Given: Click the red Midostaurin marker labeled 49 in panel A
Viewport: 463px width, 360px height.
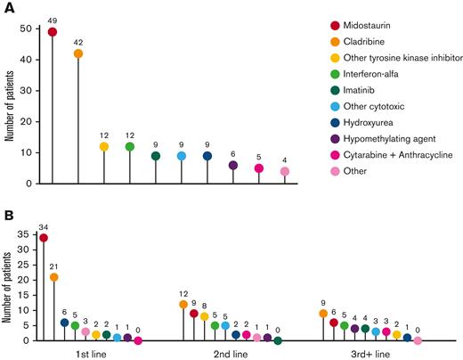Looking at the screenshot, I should click(x=52, y=31).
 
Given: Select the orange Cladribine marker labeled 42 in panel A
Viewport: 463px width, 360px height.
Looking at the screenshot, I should click(x=77, y=53).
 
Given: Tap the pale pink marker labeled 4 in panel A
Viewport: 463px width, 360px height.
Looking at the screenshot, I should click(x=285, y=171).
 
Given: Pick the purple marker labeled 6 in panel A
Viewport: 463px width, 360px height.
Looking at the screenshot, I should click(x=233, y=165).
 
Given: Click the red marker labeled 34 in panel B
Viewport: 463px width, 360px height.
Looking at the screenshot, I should click(x=44, y=238).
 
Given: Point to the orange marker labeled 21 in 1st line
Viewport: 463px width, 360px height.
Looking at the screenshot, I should click(x=53, y=277).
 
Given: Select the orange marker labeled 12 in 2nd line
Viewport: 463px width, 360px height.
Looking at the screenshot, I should click(x=183, y=304).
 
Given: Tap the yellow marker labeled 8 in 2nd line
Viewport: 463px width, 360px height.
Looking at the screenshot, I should click(x=204, y=316).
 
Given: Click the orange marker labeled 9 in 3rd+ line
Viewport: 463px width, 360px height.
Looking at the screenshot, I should click(x=323, y=314).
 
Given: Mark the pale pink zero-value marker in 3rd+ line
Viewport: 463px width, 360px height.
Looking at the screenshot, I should click(x=418, y=340).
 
